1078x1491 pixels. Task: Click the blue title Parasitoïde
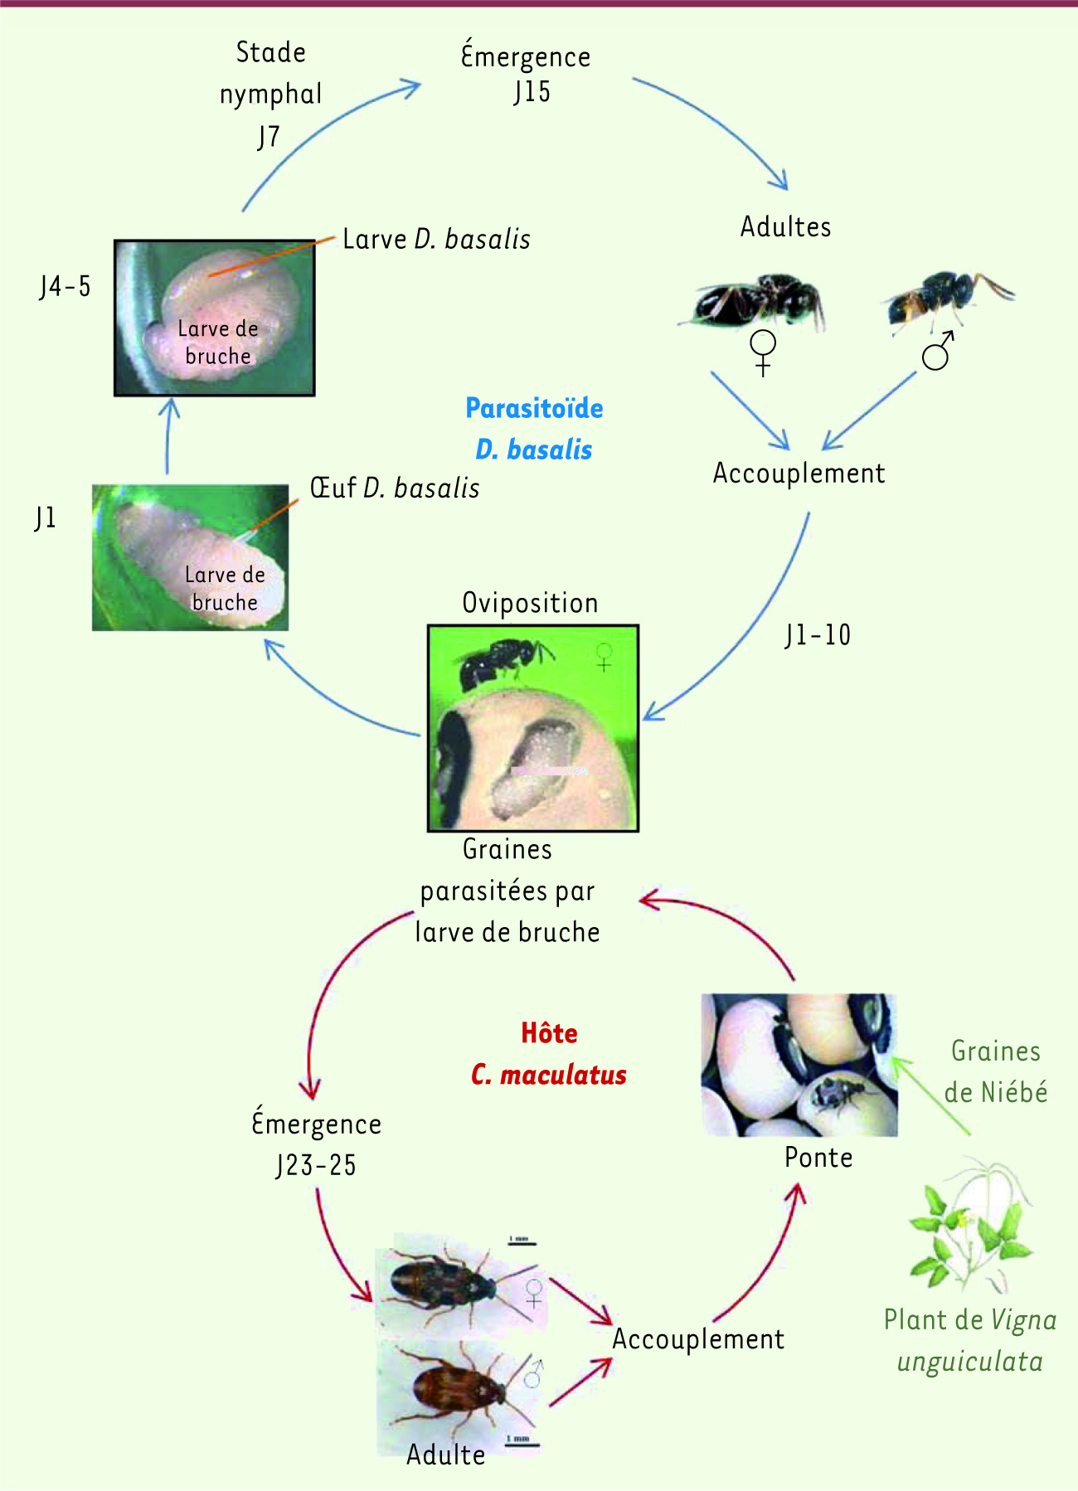tap(534, 409)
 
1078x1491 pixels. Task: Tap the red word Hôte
tap(549, 1033)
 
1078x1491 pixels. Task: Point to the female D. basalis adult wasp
tap(755, 300)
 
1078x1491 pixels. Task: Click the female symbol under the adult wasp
tap(763, 352)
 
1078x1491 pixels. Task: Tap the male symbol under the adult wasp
tap(938, 352)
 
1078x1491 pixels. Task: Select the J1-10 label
tap(818, 635)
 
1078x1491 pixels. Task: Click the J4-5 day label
tap(65, 287)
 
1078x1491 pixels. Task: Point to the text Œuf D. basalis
tap(395, 488)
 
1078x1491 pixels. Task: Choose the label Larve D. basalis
tap(436, 239)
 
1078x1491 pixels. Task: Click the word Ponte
tap(818, 1158)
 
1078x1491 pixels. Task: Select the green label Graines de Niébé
tap(995, 1071)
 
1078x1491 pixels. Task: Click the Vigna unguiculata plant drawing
tap(970, 1227)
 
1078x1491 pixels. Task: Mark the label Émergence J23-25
tap(317, 1144)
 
